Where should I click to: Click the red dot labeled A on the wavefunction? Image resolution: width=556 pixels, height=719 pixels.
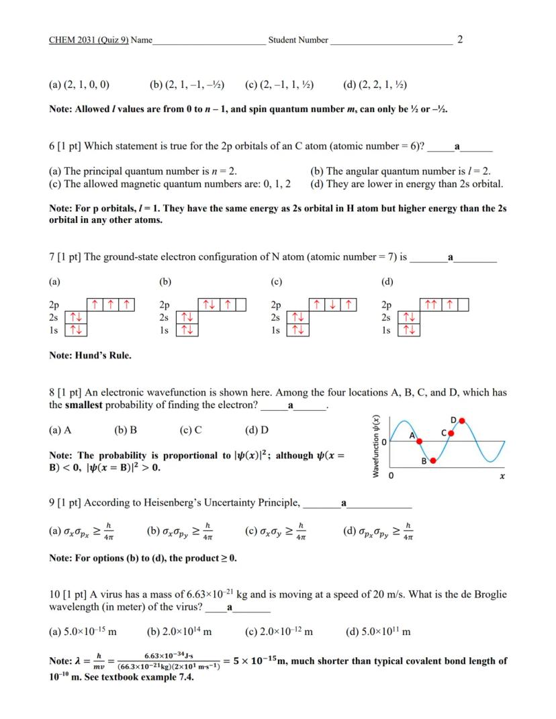(420, 441)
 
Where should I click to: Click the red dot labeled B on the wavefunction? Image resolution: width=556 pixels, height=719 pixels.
(433, 461)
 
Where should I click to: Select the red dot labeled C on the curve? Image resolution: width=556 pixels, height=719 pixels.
(451, 433)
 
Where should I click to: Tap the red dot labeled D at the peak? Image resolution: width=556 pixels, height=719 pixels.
(462, 421)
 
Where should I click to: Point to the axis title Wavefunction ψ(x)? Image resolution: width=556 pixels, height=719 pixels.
(377, 444)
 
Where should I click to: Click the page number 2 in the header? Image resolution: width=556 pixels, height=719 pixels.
(459, 40)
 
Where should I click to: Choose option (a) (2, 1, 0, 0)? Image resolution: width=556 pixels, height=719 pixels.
(79, 85)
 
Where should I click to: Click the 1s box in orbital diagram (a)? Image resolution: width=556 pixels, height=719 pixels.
(76, 330)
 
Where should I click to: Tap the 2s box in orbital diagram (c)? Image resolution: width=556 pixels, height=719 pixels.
(297, 317)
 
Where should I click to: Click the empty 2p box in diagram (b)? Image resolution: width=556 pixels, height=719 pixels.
(238, 305)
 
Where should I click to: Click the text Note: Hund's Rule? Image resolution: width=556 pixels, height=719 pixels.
(90, 355)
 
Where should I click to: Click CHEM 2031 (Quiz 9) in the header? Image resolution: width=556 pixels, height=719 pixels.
(89, 40)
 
